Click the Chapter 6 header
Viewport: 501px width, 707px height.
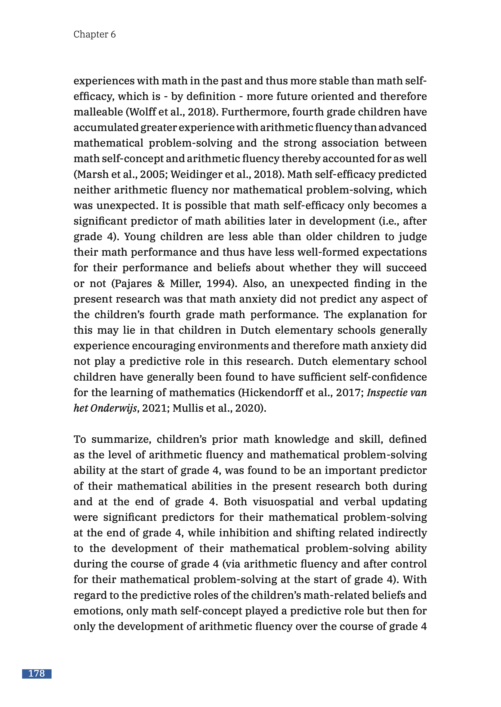(94, 34)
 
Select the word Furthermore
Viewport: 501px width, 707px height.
(255, 112)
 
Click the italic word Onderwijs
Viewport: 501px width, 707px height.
(114, 408)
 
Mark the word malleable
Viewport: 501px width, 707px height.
(98, 112)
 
